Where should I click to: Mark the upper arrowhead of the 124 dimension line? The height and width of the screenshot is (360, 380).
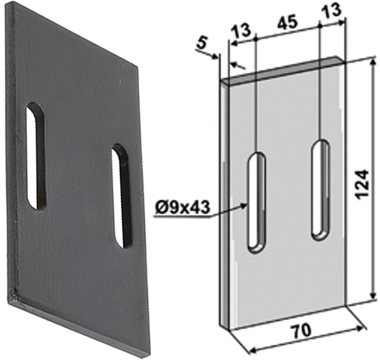[372, 61]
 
